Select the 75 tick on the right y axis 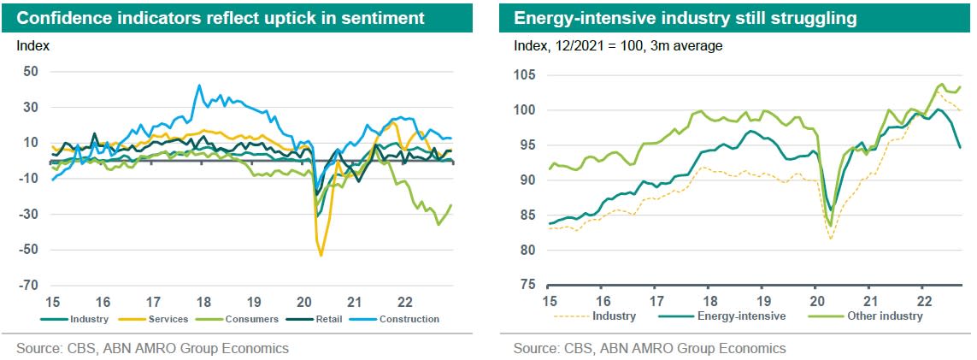(x=527, y=286)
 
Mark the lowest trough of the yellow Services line (x=321, y=255)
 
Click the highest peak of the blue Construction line (x=199, y=86)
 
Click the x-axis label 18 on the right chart (x=709, y=301)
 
